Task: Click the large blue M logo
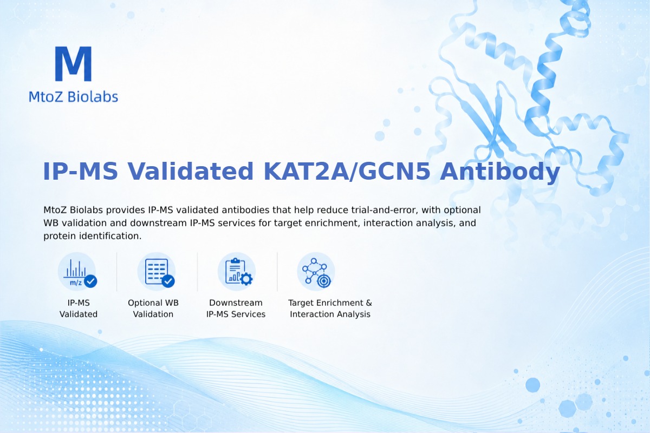(x=74, y=63)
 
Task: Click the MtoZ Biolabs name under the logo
(x=74, y=96)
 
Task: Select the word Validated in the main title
(x=191, y=172)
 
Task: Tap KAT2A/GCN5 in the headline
(x=347, y=172)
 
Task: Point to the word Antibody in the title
(x=499, y=172)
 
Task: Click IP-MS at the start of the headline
(x=80, y=172)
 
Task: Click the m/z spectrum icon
(x=77, y=272)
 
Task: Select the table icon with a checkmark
(x=157, y=272)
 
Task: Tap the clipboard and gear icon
(x=237, y=272)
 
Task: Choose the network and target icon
(x=316, y=272)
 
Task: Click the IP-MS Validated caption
(x=79, y=309)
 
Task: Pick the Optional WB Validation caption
(x=153, y=309)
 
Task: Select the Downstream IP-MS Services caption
(x=236, y=309)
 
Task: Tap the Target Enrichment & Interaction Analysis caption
(x=330, y=309)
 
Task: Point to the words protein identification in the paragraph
(x=93, y=236)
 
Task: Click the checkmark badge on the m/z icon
(x=90, y=281)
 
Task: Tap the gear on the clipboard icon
(x=246, y=279)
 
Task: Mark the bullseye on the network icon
(x=323, y=281)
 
